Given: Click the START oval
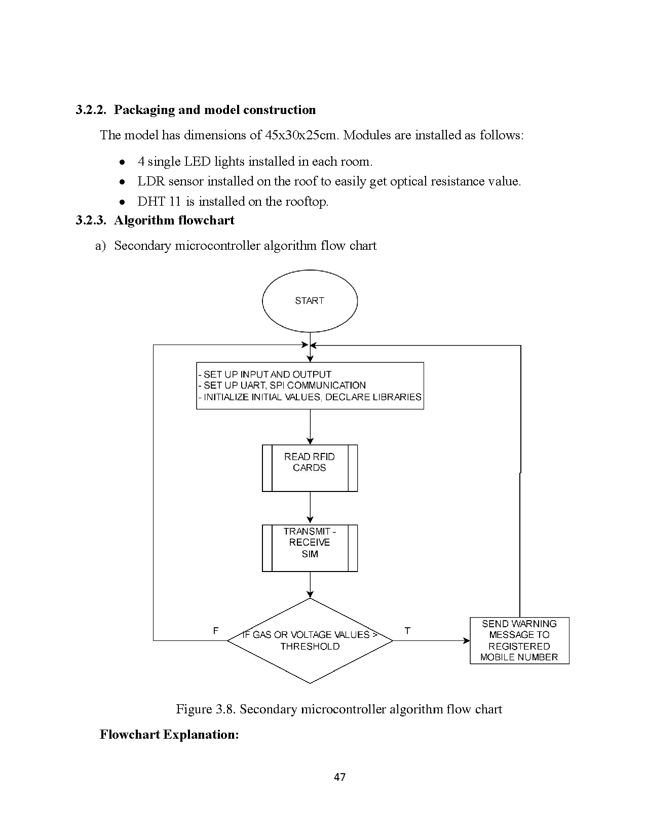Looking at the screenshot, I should point(310,301).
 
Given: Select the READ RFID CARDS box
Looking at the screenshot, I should point(310,468).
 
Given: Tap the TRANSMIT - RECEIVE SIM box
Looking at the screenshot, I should point(310,548).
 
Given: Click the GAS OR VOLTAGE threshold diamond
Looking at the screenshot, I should point(310,640).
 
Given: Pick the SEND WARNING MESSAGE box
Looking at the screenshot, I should point(519,640).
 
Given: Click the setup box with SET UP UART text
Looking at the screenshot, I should point(310,386).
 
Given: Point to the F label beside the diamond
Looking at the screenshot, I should point(216,631).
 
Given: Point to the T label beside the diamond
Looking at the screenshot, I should point(407,631).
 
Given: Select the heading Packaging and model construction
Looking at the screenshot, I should point(214,110).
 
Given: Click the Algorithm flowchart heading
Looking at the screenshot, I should point(174,220).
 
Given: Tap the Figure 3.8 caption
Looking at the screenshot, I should point(338,709).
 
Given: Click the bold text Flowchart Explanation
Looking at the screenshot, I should point(169,734).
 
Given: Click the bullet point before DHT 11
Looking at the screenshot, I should point(122,202).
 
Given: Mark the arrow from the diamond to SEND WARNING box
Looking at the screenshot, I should point(431,640).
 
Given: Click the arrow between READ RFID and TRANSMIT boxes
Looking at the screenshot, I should point(310,508).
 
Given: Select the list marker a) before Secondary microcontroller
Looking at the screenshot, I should point(100,246).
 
